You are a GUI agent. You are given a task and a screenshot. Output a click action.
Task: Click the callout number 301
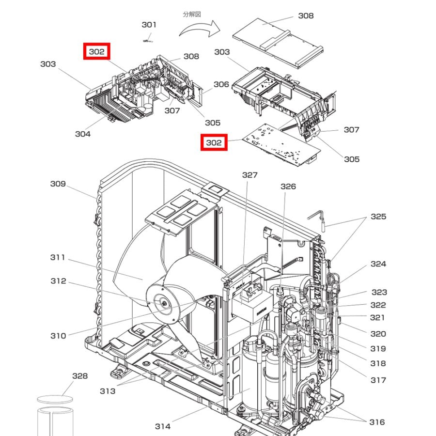149,25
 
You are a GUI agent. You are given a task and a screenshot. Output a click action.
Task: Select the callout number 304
83,134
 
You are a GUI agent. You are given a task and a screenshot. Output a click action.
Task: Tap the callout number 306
221,84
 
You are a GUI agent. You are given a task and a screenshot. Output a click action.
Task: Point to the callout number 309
58,184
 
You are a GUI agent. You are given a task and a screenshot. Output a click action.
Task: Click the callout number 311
58,257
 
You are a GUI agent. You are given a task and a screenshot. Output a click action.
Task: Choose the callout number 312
58,281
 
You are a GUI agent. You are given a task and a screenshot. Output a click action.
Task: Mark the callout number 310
58,336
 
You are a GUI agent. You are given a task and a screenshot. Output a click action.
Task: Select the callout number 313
108,391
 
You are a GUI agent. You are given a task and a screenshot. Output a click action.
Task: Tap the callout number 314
163,426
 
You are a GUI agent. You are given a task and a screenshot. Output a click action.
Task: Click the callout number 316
377,422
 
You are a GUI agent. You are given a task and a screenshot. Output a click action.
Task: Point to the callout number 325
378,216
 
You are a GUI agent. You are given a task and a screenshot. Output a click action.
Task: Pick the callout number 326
288,187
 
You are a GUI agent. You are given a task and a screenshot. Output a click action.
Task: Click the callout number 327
250,175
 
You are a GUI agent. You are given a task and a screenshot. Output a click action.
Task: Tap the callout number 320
378,334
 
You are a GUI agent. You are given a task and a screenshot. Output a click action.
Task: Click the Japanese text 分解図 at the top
192,14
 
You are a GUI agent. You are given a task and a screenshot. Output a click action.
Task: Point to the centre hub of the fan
165,304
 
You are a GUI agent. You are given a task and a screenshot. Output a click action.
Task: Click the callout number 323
379,292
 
